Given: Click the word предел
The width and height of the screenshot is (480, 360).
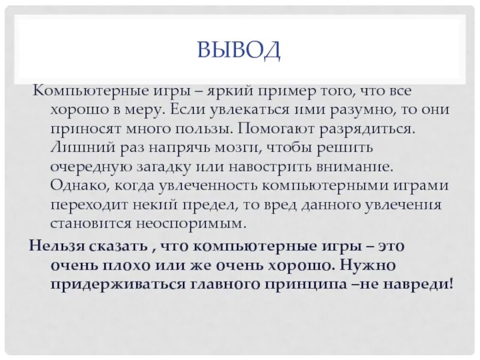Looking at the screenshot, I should (203, 204).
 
